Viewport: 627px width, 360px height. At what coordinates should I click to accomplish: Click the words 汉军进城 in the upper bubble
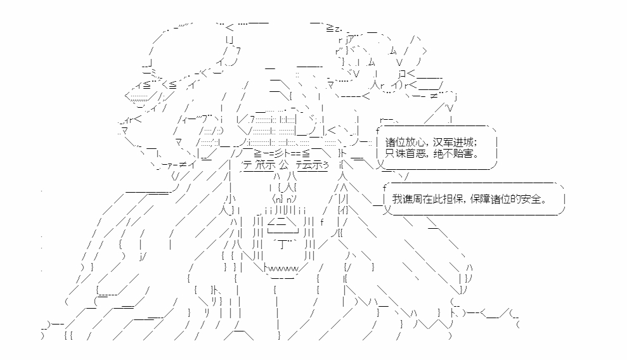pos(453,142)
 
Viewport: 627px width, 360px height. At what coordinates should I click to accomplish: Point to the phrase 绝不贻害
pos(453,153)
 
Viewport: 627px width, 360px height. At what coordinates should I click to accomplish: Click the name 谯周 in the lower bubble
pos(413,198)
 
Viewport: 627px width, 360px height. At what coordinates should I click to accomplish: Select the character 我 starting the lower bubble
pos(397,198)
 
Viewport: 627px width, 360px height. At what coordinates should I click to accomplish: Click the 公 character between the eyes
pos(284,165)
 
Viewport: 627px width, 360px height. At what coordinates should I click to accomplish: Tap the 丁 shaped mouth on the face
pos(283,244)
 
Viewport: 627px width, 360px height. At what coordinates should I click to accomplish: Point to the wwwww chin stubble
pos(284,269)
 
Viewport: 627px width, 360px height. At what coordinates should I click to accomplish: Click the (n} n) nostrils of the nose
pos(285,198)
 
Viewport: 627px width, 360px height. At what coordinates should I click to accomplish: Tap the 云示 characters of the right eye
pos(313,165)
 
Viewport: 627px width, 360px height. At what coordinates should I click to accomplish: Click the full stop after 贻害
pos(476,156)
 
